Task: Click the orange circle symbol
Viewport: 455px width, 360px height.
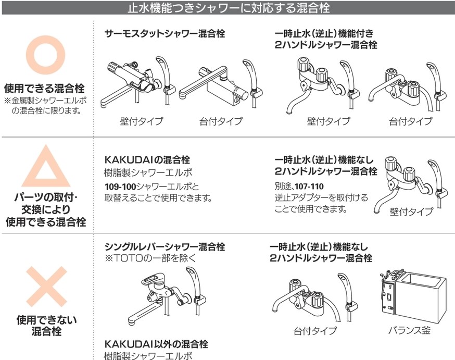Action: pos(45,41)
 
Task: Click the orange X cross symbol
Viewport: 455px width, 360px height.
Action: pos(46,286)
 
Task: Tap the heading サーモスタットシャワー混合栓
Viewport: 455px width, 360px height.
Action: pos(165,33)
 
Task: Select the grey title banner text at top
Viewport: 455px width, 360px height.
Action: pos(229,7)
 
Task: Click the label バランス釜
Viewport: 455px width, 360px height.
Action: pos(409,330)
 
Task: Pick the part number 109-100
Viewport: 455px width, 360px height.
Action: pos(120,187)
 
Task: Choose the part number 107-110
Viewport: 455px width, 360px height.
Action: pos(309,187)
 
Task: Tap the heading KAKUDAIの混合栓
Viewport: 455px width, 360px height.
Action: pos(147,159)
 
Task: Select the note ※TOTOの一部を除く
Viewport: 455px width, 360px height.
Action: pos(150,258)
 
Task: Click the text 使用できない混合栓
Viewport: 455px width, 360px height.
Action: pos(46,326)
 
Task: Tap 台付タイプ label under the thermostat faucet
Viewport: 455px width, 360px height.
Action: pos(221,121)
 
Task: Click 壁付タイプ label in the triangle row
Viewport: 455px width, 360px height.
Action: pos(411,212)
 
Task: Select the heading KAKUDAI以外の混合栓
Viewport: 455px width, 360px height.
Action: pos(156,344)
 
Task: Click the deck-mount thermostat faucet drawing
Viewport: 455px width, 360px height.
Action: pos(221,84)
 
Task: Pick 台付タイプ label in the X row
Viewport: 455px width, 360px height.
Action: pos(315,331)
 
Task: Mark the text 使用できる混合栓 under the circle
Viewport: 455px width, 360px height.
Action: pos(44,88)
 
